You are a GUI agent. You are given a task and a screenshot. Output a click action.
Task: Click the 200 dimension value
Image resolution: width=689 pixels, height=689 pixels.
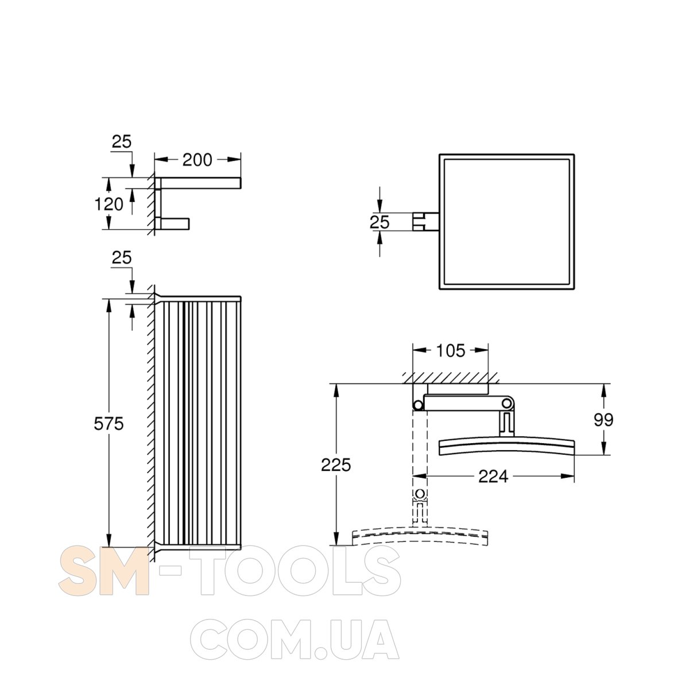point(197,160)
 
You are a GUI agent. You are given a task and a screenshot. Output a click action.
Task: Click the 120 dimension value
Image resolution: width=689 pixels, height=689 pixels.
point(109,204)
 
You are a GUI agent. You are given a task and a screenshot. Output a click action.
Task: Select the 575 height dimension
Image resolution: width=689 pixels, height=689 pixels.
point(109,424)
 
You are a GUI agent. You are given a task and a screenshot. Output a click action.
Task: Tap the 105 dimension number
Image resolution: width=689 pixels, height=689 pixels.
point(451,351)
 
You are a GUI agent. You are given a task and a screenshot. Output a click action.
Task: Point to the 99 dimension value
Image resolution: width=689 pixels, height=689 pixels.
point(603,420)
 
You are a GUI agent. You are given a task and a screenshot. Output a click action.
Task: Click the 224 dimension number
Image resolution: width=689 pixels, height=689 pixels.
point(493,476)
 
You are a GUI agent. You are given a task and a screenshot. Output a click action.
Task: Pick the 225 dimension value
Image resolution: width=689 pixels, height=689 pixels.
point(336,465)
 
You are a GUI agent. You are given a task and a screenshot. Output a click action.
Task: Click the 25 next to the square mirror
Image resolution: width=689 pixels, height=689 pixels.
point(380,222)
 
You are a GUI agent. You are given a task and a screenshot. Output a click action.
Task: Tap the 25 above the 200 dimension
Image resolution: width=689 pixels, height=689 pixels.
point(122,142)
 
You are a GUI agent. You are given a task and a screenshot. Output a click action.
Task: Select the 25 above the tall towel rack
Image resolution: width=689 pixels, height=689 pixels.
point(122,257)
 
